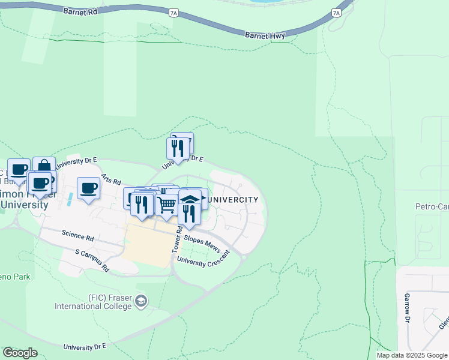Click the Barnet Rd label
[80, 10]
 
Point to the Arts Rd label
[111, 179]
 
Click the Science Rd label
[77, 236]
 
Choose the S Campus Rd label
[92, 260]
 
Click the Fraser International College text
[93, 302]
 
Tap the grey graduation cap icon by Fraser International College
[141, 301]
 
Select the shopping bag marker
[44, 166]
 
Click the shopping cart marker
[167, 205]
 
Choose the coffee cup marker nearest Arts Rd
[88, 188]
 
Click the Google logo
[20, 352]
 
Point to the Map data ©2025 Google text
[412, 355]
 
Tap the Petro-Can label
[432, 206]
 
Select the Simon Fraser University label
[24, 199]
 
